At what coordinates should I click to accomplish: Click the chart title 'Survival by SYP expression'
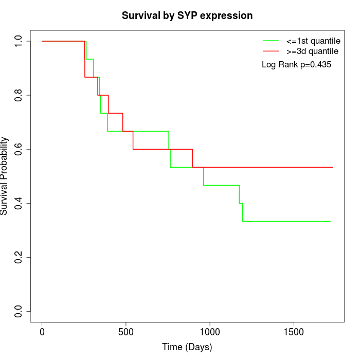pyautogui.click(x=187, y=15)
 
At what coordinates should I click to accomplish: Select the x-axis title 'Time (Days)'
pyautogui.click(x=187, y=347)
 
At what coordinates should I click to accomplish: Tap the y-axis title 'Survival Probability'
pyautogui.click(x=5, y=176)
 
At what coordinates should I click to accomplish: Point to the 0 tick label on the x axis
pyautogui.click(x=42, y=332)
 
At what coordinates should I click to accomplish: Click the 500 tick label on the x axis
pyautogui.click(x=126, y=332)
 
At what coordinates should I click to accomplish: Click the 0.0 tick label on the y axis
pyautogui.click(x=19, y=311)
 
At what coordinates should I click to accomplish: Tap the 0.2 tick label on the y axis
pyautogui.click(x=19, y=257)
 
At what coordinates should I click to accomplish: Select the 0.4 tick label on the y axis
pyautogui.click(x=19, y=203)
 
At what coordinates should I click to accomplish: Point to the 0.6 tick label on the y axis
pyautogui.click(x=19, y=149)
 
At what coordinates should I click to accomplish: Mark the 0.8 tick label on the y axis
pyautogui.click(x=19, y=95)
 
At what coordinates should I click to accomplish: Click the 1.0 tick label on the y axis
pyautogui.click(x=19, y=41)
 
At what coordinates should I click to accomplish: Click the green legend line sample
pyautogui.click(x=271, y=41)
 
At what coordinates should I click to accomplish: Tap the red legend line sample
pyautogui.click(x=271, y=51)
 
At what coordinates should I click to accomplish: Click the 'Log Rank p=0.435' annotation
pyautogui.click(x=296, y=65)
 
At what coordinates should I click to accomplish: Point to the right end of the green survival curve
pyautogui.click(x=330, y=221)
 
